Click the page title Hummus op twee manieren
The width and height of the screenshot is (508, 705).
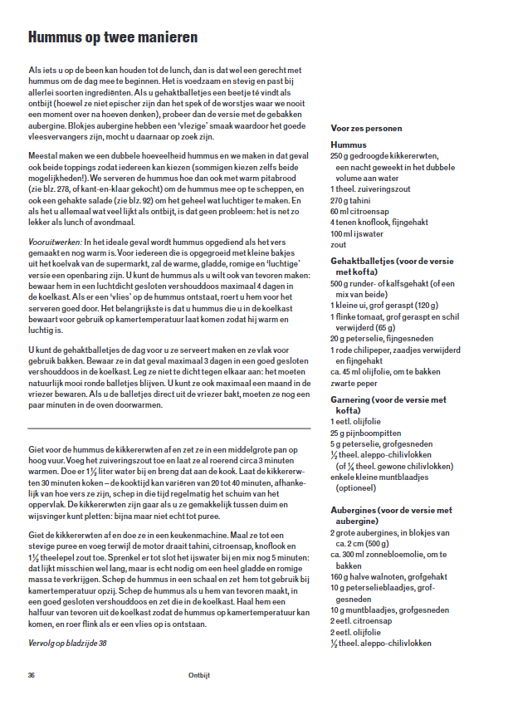(x=112, y=37)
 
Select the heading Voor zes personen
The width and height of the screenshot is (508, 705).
(x=365, y=129)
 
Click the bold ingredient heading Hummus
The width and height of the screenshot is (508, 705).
(x=349, y=144)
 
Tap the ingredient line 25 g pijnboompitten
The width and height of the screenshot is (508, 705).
(x=367, y=433)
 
